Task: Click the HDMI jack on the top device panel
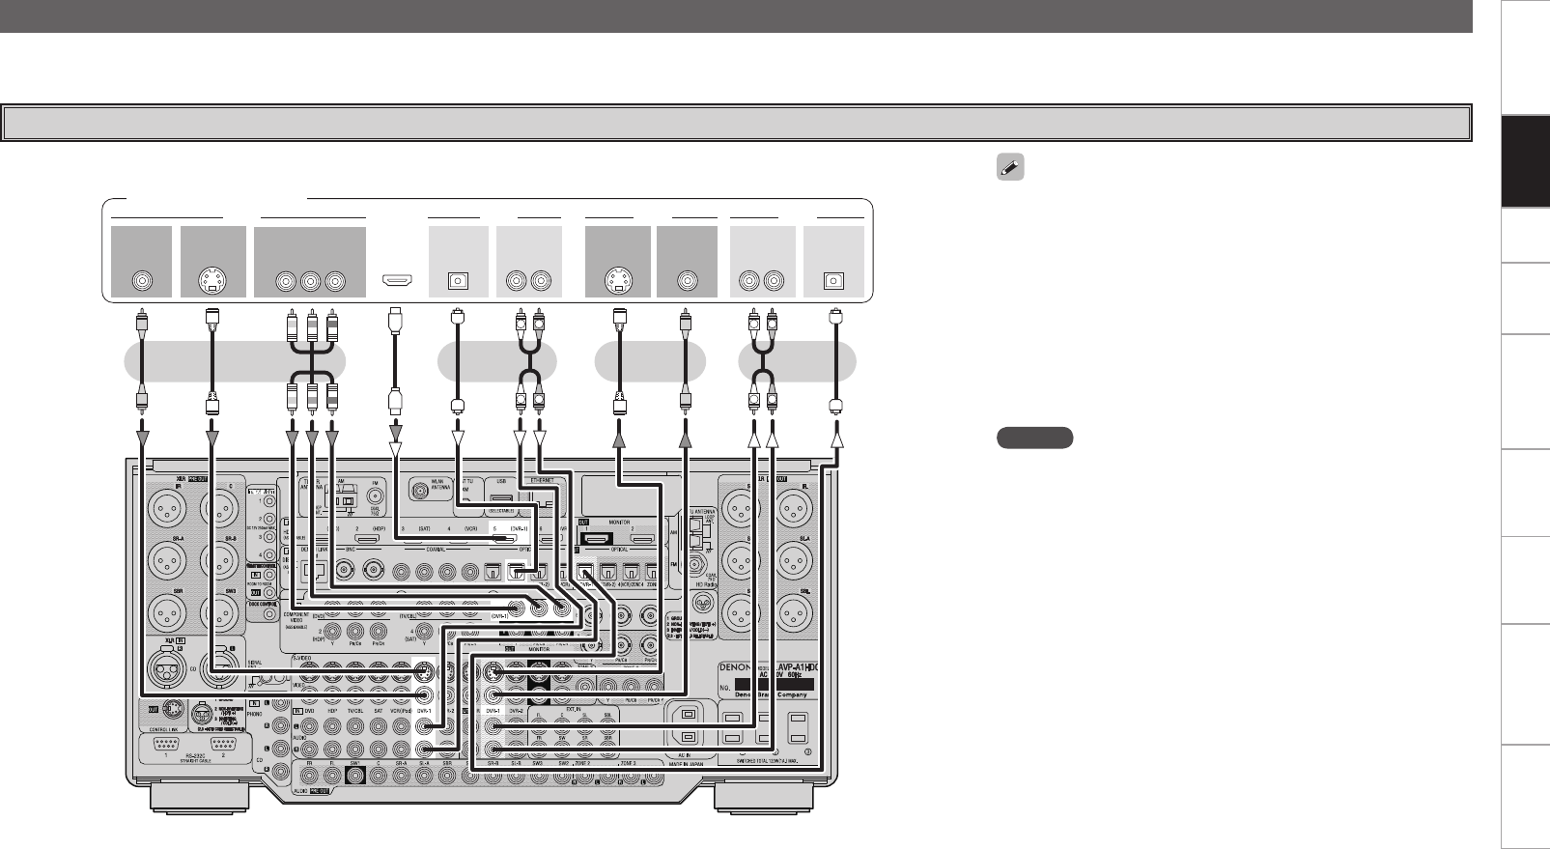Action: point(395,282)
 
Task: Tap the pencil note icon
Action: point(1010,168)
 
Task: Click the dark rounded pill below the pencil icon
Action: point(1034,438)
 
